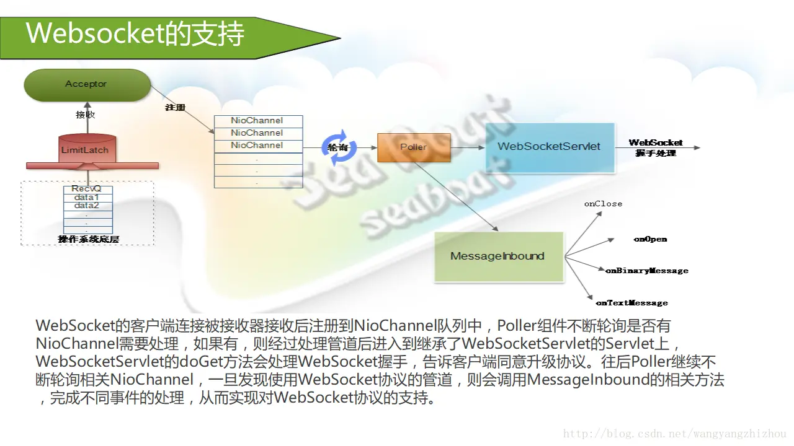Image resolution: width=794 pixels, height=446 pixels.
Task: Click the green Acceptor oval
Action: (87, 85)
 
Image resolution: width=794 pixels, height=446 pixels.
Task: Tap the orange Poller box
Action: (414, 147)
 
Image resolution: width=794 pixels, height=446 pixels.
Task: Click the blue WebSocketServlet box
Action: (550, 147)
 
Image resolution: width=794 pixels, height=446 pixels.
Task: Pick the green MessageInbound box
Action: (498, 256)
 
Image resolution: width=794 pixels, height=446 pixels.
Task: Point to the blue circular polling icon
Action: (339, 147)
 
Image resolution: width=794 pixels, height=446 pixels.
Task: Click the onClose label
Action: (603, 204)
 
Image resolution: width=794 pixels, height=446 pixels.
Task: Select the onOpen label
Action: (650, 239)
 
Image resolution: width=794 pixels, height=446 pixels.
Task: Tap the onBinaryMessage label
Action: (647, 271)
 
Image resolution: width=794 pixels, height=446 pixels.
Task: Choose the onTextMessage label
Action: (631, 303)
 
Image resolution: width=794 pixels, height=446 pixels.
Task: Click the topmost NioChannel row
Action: (257, 121)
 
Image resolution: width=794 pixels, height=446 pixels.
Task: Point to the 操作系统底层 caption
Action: (87, 239)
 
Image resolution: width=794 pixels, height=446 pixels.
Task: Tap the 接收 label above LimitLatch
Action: (86, 115)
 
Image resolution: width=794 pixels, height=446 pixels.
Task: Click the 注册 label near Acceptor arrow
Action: (176, 108)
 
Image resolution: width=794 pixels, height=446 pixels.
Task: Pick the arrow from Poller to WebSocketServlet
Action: (468, 147)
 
